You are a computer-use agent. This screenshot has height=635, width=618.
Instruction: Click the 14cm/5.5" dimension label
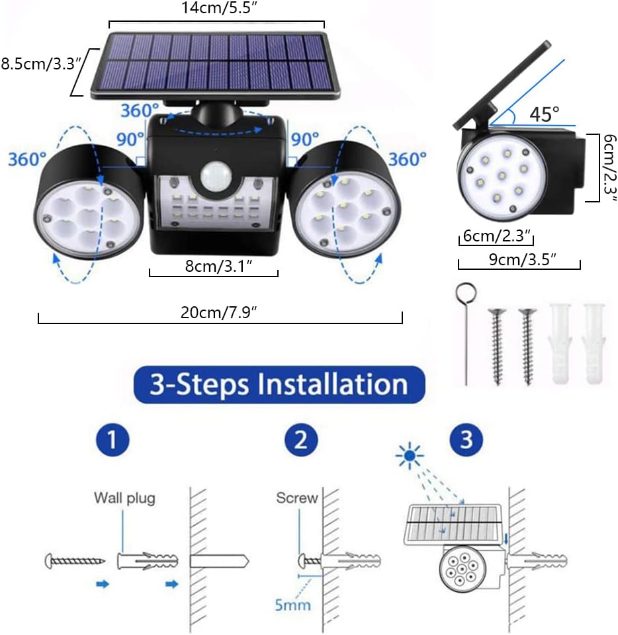pyautogui.click(x=216, y=9)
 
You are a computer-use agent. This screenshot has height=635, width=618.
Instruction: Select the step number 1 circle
pyautogui.click(x=115, y=440)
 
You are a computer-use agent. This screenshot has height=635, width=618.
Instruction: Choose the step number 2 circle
pyautogui.click(x=300, y=440)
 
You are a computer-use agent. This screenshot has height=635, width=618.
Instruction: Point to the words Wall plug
pyautogui.click(x=124, y=497)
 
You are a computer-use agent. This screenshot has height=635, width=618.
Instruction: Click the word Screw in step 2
pyautogui.click(x=297, y=498)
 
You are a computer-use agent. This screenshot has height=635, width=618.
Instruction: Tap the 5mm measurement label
pyautogui.click(x=292, y=604)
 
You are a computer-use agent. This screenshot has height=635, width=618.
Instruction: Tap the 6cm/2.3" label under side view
pyautogui.click(x=496, y=235)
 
